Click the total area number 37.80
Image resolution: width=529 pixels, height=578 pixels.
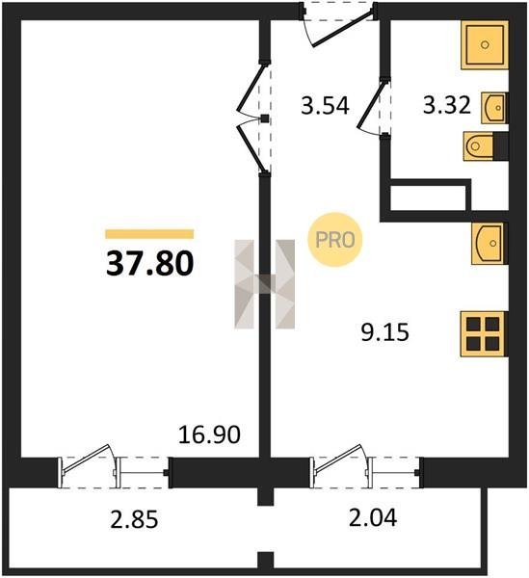pyautogui.click(x=149, y=264)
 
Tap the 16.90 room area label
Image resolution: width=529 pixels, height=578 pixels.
pyautogui.click(x=209, y=434)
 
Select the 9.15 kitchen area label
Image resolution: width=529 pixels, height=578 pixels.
pyautogui.click(x=384, y=332)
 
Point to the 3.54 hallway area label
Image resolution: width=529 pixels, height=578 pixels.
pyautogui.click(x=325, y=105)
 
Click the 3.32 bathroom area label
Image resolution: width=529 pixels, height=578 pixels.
pyautogui.click(x=447, y=105)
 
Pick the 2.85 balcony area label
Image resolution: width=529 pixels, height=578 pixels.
pyautogui.click(x=134, y=520)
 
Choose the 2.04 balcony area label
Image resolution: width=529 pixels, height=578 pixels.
pyautogui.click(x=373, y=516)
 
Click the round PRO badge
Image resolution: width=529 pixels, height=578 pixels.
pyautogui.click(x=335, y=240)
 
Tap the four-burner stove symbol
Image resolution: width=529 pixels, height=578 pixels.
pyautogui.click(x=484, y=334)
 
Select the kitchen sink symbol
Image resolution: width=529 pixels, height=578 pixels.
pyautogui.click(x=489, y=244)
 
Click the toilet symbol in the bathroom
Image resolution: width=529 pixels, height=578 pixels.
pyautogui.click(x=486, y=146)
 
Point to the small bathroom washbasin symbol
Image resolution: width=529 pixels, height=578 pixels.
pyautogui.click(x=494, y=108)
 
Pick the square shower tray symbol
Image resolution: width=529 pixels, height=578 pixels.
pyautogui.click(x=485, y=45)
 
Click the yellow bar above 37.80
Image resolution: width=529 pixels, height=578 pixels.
pyautogui.click(x=149, y=234)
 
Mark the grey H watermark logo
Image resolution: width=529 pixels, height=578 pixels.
pyautogui.click(x=265, y=284)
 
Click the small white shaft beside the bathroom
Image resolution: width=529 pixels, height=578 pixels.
pyautogui.click(x=428, y=197)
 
